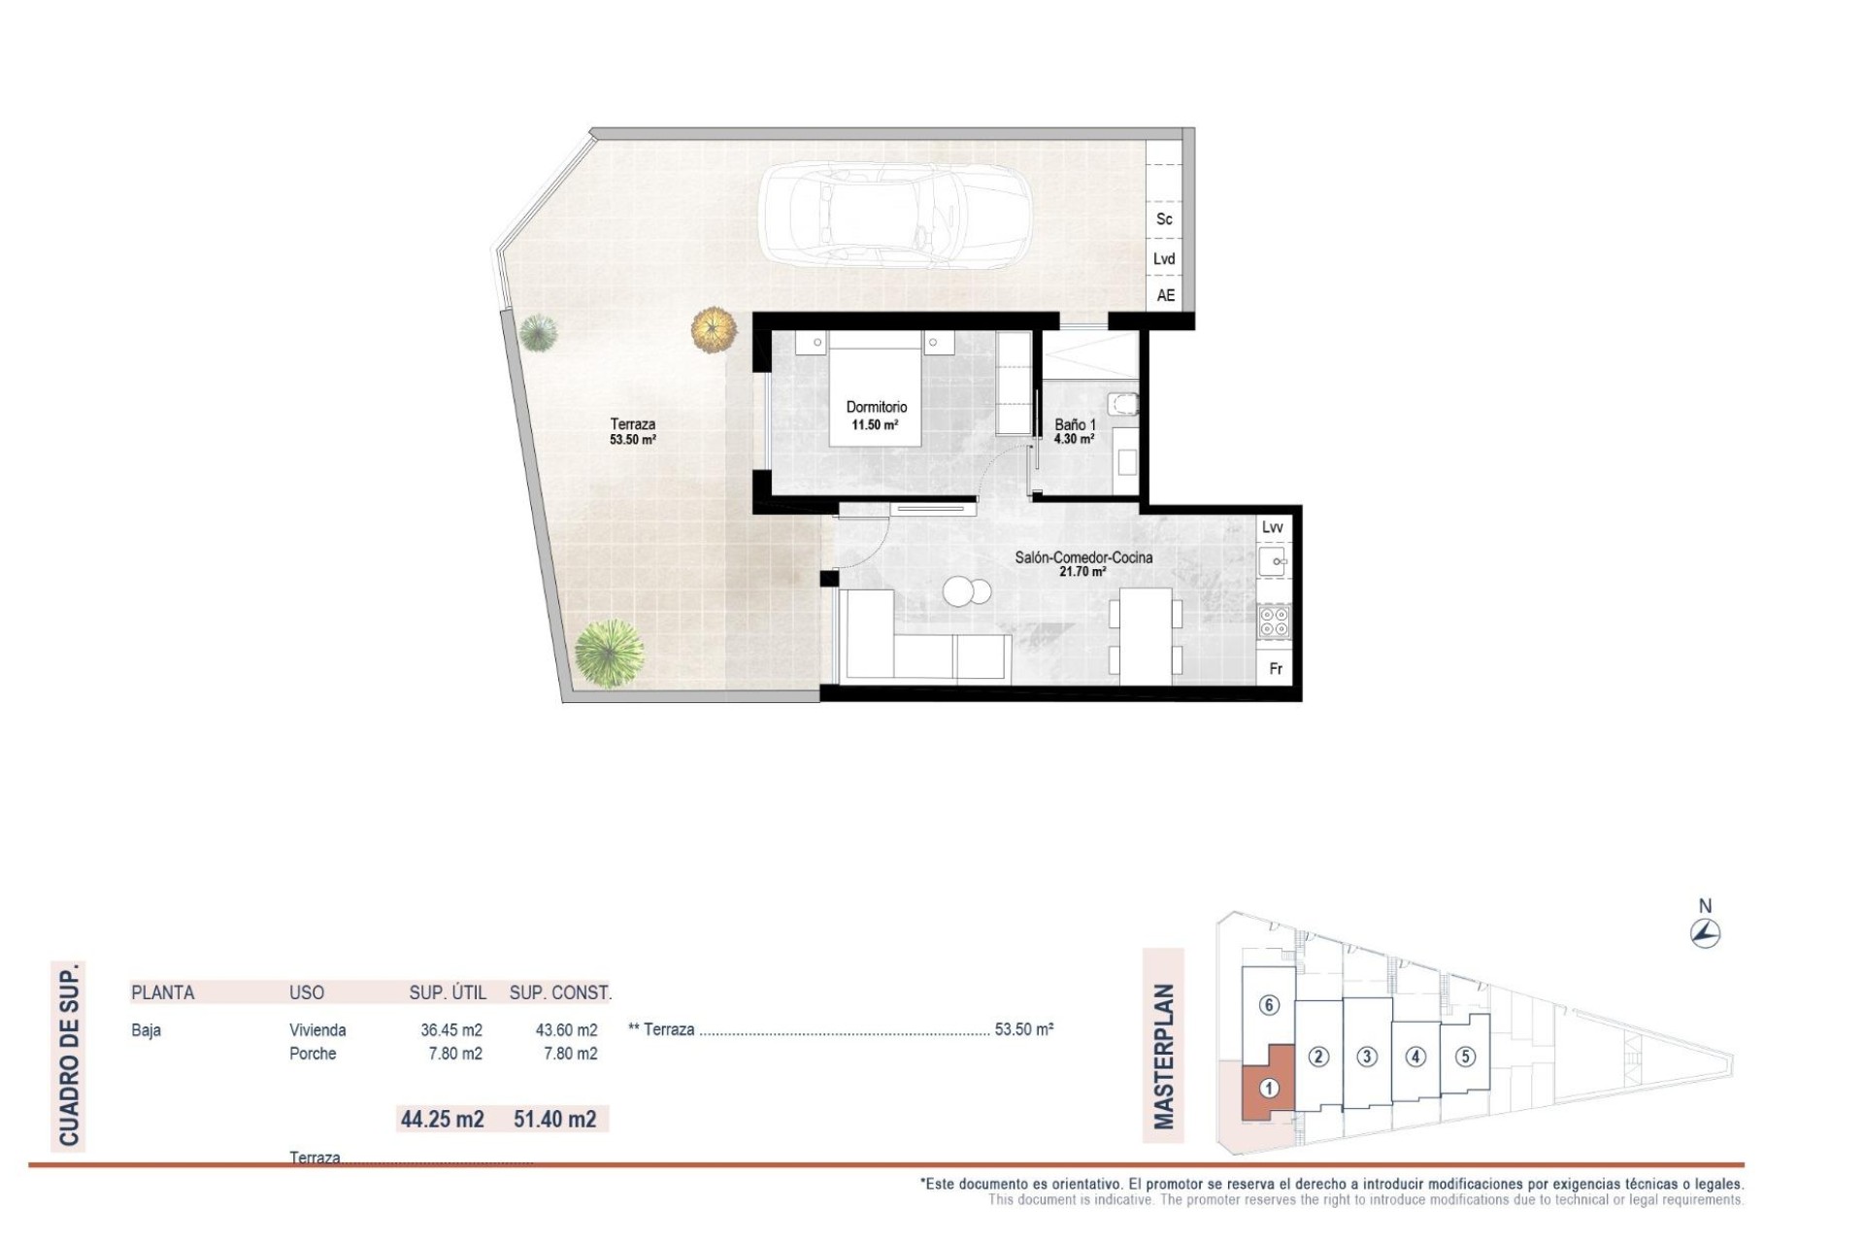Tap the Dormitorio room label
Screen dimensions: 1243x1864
876,408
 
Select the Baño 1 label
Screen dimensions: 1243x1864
1075,425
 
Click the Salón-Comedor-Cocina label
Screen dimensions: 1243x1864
1083,557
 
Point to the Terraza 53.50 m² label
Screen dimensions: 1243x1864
632,431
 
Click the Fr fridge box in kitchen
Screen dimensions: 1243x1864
1276,669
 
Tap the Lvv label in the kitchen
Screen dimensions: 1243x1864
1272,527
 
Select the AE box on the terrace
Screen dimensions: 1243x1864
1165,295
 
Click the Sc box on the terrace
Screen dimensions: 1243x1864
1164,219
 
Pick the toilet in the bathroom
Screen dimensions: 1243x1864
1123,404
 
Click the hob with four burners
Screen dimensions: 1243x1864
1274,621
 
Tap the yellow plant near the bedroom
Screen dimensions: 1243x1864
715,329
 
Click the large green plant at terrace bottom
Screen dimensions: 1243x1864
609,654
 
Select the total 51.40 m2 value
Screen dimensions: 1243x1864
555,1119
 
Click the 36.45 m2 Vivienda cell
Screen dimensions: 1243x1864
451,1030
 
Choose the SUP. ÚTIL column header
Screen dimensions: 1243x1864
448,992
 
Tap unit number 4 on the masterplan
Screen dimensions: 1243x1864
1415,1057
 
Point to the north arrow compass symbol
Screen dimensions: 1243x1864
1705,934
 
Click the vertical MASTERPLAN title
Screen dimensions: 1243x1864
1163,1057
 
